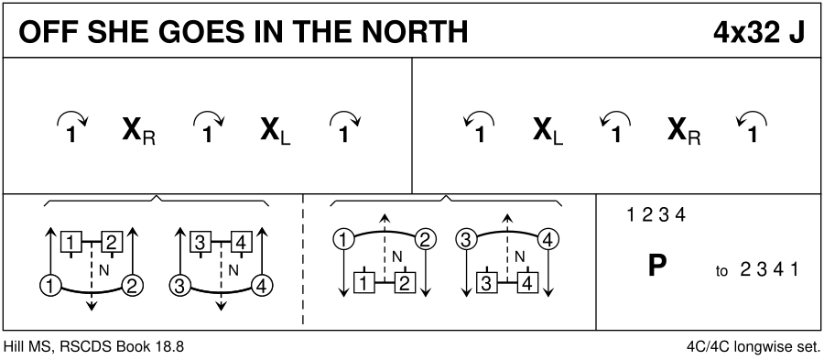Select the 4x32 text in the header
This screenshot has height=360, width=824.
click(744, 33)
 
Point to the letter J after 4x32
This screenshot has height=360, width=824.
click(797, 33)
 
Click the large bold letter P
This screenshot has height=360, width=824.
click(656, 266)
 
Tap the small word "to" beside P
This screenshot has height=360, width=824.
click(721, 272)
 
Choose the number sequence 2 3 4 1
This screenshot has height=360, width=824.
click(769, 269)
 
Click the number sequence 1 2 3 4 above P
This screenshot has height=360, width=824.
click(656, 214)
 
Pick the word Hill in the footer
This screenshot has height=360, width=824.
click(13, 347)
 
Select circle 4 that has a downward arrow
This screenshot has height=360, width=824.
click(548, 240)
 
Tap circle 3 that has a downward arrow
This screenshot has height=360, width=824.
click(465, 240)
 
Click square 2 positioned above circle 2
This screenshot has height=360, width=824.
click(112, 242)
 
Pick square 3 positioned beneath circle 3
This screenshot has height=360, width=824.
click(486, 283)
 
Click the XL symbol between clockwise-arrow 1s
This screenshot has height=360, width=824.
click(276, 133)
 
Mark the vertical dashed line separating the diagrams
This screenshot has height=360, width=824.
click(303, 261)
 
